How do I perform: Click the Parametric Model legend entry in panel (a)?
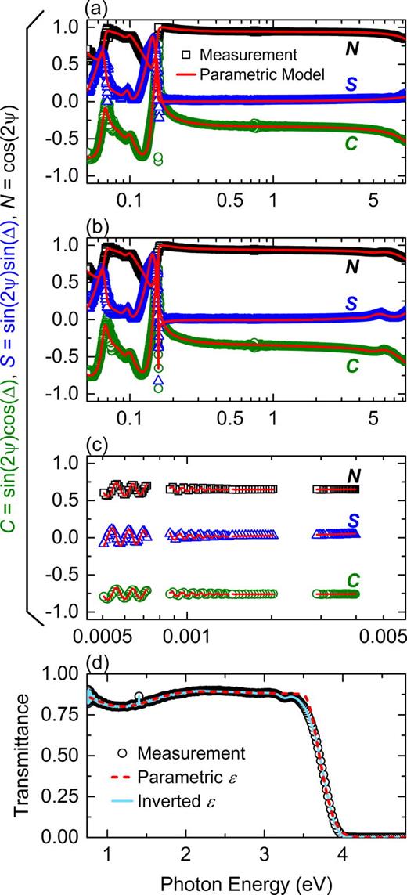coord(241,74)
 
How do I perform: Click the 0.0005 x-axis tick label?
coord(97,635)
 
